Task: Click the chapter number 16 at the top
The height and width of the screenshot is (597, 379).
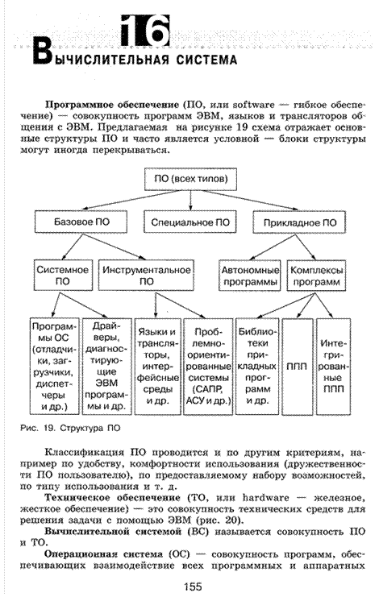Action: tap(145, 31)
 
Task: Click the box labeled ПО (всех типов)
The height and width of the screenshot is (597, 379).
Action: tap(190, 179)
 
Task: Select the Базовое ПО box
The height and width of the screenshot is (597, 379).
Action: tap(81, 222)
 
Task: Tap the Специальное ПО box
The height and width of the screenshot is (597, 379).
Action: tap(190, 222)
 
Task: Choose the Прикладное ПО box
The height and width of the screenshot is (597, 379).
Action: tap(299, 222)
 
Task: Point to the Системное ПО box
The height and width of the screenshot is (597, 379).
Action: tap(63, 276)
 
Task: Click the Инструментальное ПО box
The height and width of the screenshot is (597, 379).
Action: tap(146, 276)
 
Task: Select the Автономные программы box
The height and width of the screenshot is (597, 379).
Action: tap(250, 276)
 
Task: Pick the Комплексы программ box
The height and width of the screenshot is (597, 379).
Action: tap(316, 276)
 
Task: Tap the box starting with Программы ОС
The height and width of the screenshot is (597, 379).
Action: tap(55, 367)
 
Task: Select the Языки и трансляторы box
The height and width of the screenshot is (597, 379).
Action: tap(157, 367)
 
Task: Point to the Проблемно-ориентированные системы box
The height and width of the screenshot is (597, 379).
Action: tap(208, 367)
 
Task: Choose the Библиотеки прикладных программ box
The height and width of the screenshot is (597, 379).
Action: tap(257, 367)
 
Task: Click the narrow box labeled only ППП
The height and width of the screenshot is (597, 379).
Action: tap(298, 367)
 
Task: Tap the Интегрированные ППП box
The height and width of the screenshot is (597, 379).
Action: tap(333, 367)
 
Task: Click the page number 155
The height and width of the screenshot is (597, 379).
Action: tap(193, 587)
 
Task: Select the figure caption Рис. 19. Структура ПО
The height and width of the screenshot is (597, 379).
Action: tap(70, 428)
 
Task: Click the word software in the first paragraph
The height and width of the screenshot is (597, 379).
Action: tap(253, 105)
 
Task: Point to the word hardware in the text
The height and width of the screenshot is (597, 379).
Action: tap(266, 498)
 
